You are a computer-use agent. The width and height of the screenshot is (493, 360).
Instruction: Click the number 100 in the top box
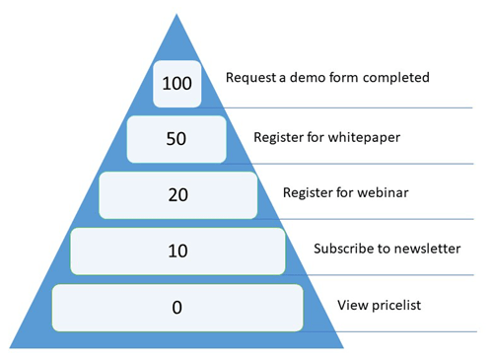point(177,84)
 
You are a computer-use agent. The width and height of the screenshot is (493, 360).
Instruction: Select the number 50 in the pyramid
point(177,139)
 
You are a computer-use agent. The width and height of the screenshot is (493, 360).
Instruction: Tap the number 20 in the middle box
point(177,194)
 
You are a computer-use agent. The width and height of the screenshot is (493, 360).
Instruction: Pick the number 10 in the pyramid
point(177,251)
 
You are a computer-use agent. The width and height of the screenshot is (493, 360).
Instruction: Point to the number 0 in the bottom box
point(177,307)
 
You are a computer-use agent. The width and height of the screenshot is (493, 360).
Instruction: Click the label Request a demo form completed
point(327,77)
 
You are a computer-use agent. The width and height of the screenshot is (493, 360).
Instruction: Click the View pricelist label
point(380,305)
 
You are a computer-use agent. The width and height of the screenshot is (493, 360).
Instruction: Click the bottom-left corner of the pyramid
point(11,347)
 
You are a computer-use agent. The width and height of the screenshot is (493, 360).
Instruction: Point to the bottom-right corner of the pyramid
point(343,347)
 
